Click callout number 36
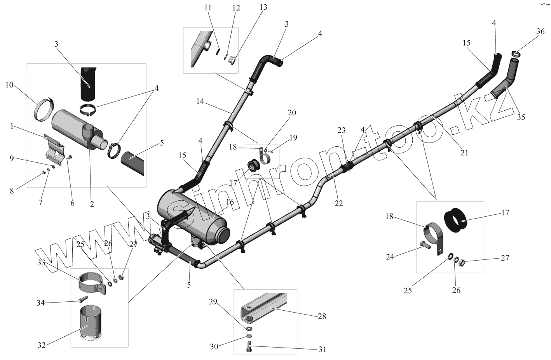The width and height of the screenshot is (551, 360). [x=541, y=32]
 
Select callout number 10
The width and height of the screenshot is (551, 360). [x=9, y=85]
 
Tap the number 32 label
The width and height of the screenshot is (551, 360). [x=42, y=345]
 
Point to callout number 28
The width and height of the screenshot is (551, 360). [x=322, y=316]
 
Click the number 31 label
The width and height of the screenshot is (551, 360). [x=322, y=350]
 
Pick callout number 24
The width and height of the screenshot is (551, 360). [x=391, y=257]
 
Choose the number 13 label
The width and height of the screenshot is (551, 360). [x=264, y=7]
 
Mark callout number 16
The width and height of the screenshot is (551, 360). [x=229, y=202]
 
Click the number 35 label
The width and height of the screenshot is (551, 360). [x=521, y=117]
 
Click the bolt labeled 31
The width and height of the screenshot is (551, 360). [x=249, y=346]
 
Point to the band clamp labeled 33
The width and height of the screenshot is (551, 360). [x=92, y=282]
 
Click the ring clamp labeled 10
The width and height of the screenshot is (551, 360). [x=44, y=109]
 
